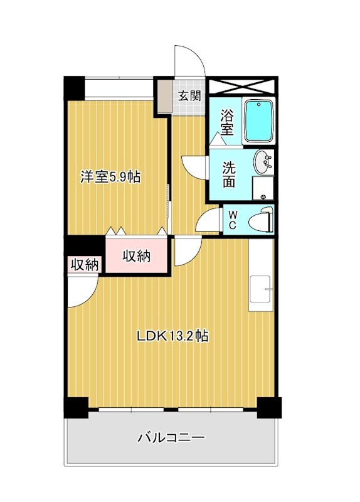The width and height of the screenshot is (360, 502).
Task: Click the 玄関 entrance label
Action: tap(189, 96)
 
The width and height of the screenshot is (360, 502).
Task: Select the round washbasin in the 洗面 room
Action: tap(263, 163)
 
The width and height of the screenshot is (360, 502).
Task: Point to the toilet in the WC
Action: tap(260, 220)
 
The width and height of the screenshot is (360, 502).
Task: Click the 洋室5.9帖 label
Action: tap(110, 177)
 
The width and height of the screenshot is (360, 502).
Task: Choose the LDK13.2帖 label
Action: tap(172, 336)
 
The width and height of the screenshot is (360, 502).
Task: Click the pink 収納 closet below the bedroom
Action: tap(137, 256)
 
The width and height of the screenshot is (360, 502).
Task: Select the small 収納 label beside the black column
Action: tap(84, 265)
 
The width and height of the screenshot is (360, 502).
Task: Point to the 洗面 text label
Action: tap(230, 174)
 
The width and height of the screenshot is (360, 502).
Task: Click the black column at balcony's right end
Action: tap(271, 409)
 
